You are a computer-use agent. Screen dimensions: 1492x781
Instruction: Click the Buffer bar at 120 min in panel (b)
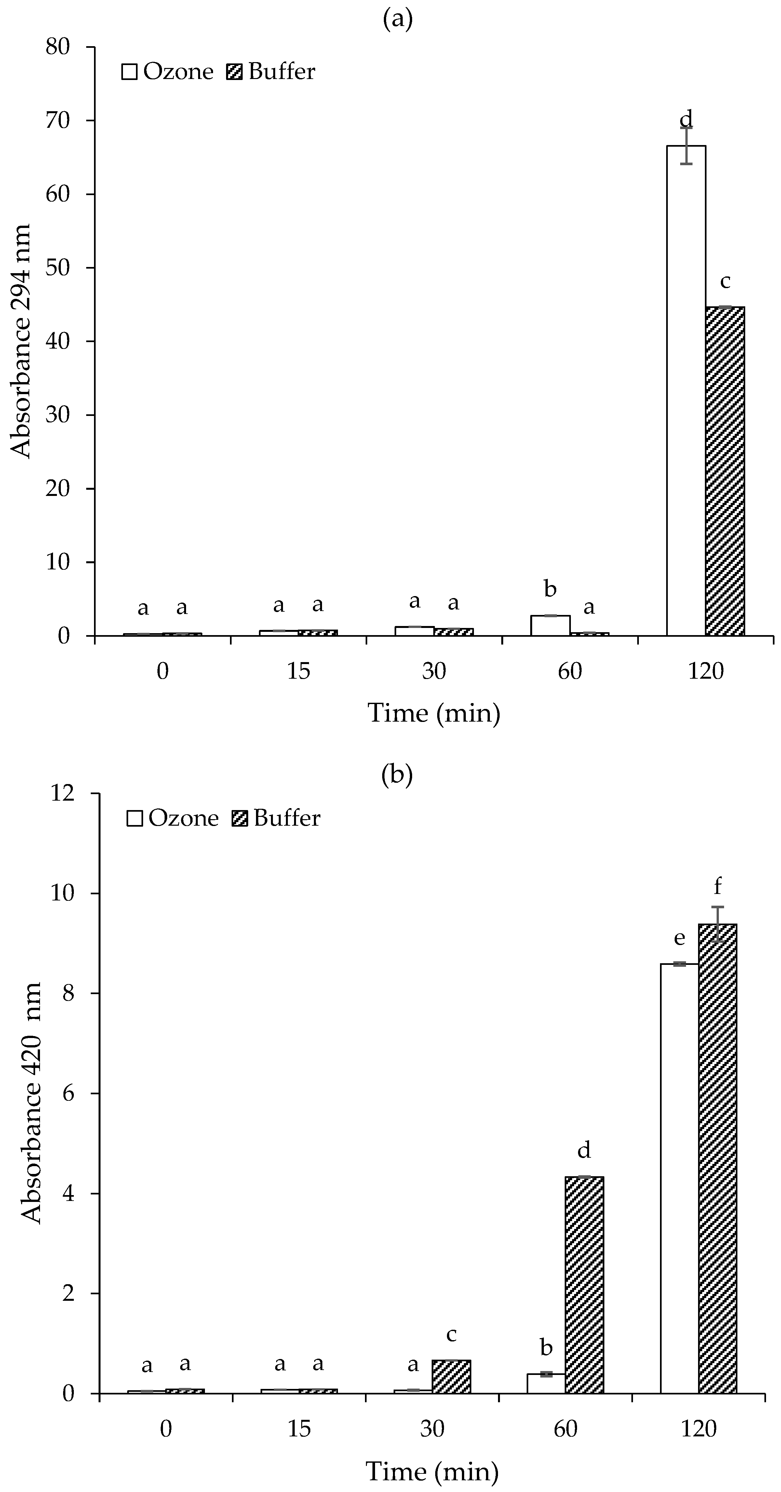tap(718, 1158)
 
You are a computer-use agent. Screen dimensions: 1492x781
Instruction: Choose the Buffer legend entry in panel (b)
tap(276, 818)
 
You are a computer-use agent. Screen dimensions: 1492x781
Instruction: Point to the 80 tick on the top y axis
tap(58, 47)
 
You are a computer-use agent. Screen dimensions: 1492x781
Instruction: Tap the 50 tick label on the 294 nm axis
tap(58, 268)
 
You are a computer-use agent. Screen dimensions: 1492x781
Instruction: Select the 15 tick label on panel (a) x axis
tap(298, 671)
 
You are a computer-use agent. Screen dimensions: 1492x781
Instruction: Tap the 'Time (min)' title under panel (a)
tap(434, 713)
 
